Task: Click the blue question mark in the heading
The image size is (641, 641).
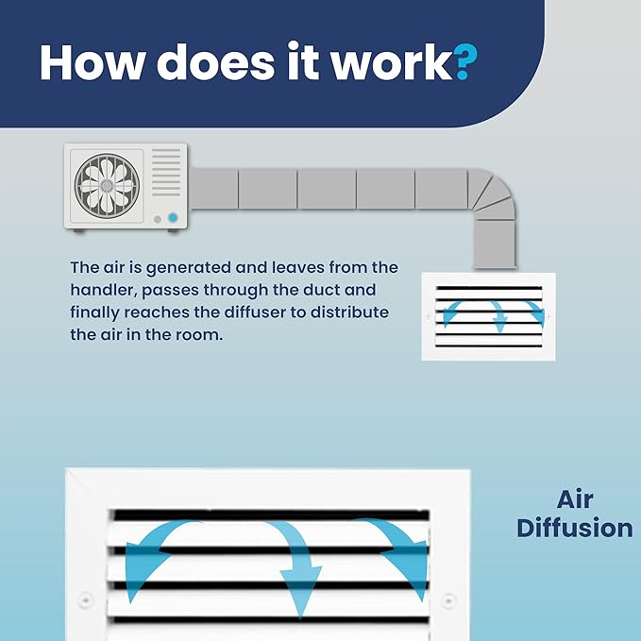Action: pos(465,61)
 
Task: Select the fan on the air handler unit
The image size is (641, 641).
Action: pos(107,186)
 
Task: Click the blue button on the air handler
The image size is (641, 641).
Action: pos(173,217)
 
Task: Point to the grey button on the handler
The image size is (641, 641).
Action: pos(158,220)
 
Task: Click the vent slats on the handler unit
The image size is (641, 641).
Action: pos(166,172)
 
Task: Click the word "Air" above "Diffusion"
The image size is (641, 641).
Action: pos(575,499)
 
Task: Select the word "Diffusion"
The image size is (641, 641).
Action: pos(575,528)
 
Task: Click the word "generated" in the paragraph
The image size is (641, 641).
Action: pos(189,269)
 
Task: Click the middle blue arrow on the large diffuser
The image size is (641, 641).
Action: pos(298,568)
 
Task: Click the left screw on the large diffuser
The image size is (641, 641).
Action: pos(85,599)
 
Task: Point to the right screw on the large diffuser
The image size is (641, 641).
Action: pos(448,600)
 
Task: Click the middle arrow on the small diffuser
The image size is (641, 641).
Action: pos(498,315)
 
